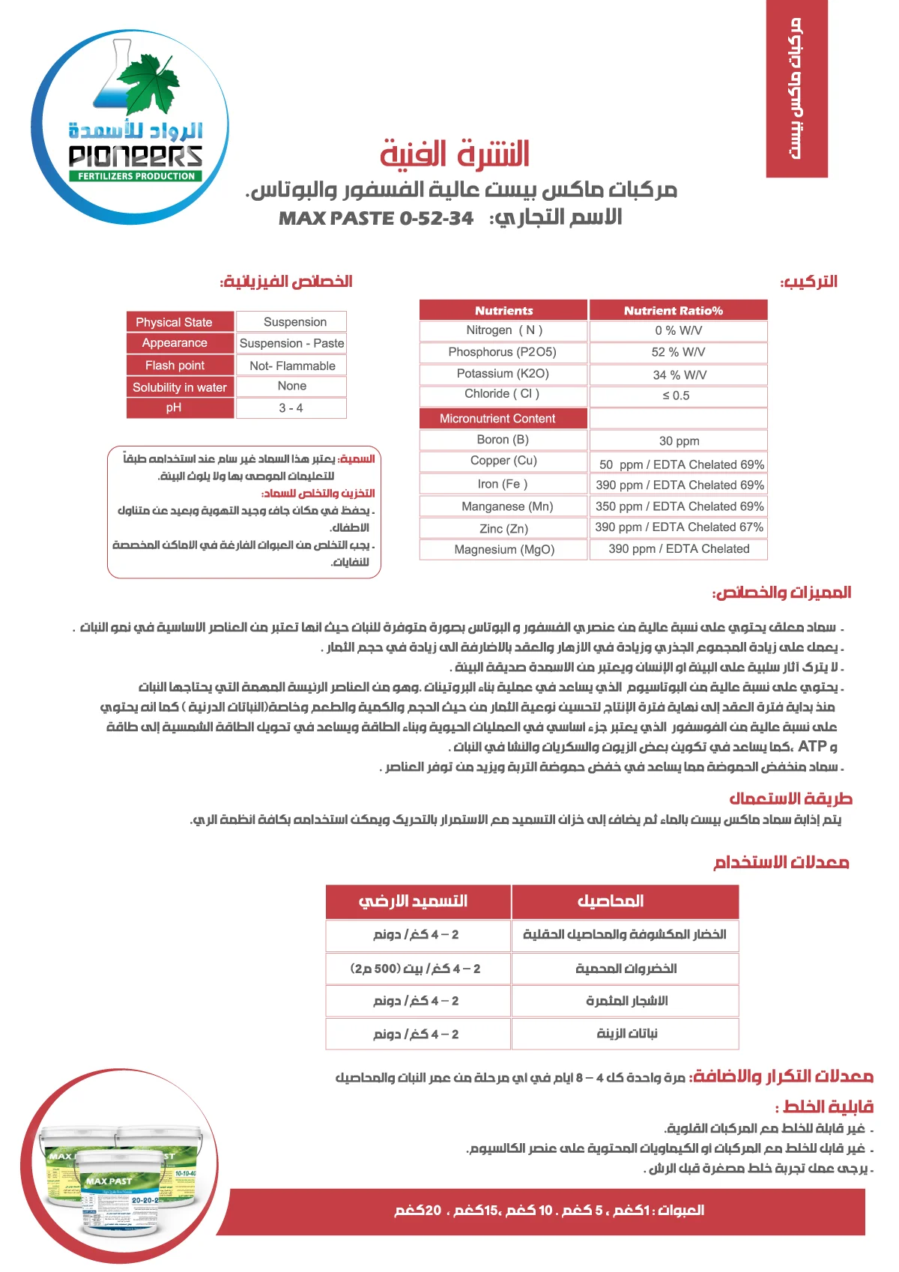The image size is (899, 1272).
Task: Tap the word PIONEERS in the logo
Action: point(136,157)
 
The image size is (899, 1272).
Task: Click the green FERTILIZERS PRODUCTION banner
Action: point(136,176)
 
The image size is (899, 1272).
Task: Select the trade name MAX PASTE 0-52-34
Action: point(376,218)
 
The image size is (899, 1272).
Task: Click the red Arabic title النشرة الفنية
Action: point(455,154)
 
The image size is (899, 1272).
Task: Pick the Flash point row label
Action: point(180,366)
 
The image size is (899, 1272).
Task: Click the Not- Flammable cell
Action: point(292,366)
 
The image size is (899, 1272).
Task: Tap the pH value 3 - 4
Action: point(291,408)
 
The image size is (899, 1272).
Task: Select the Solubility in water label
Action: point(180,387)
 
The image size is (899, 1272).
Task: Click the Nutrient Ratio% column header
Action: point(678,310)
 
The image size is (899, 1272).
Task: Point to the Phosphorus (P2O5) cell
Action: point(503,352)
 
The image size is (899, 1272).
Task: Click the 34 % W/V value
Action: point(679,375)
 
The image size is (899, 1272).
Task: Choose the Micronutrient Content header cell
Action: point(503,419)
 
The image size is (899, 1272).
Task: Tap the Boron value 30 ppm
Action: point(679,441)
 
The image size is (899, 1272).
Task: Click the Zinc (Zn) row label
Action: point(503,529)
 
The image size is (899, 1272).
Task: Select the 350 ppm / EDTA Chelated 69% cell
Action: point(679,506)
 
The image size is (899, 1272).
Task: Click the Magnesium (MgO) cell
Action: point(503,550)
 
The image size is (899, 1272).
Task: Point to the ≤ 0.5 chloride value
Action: point(676,396)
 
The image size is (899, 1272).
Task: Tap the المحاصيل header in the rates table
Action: point(625,901)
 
